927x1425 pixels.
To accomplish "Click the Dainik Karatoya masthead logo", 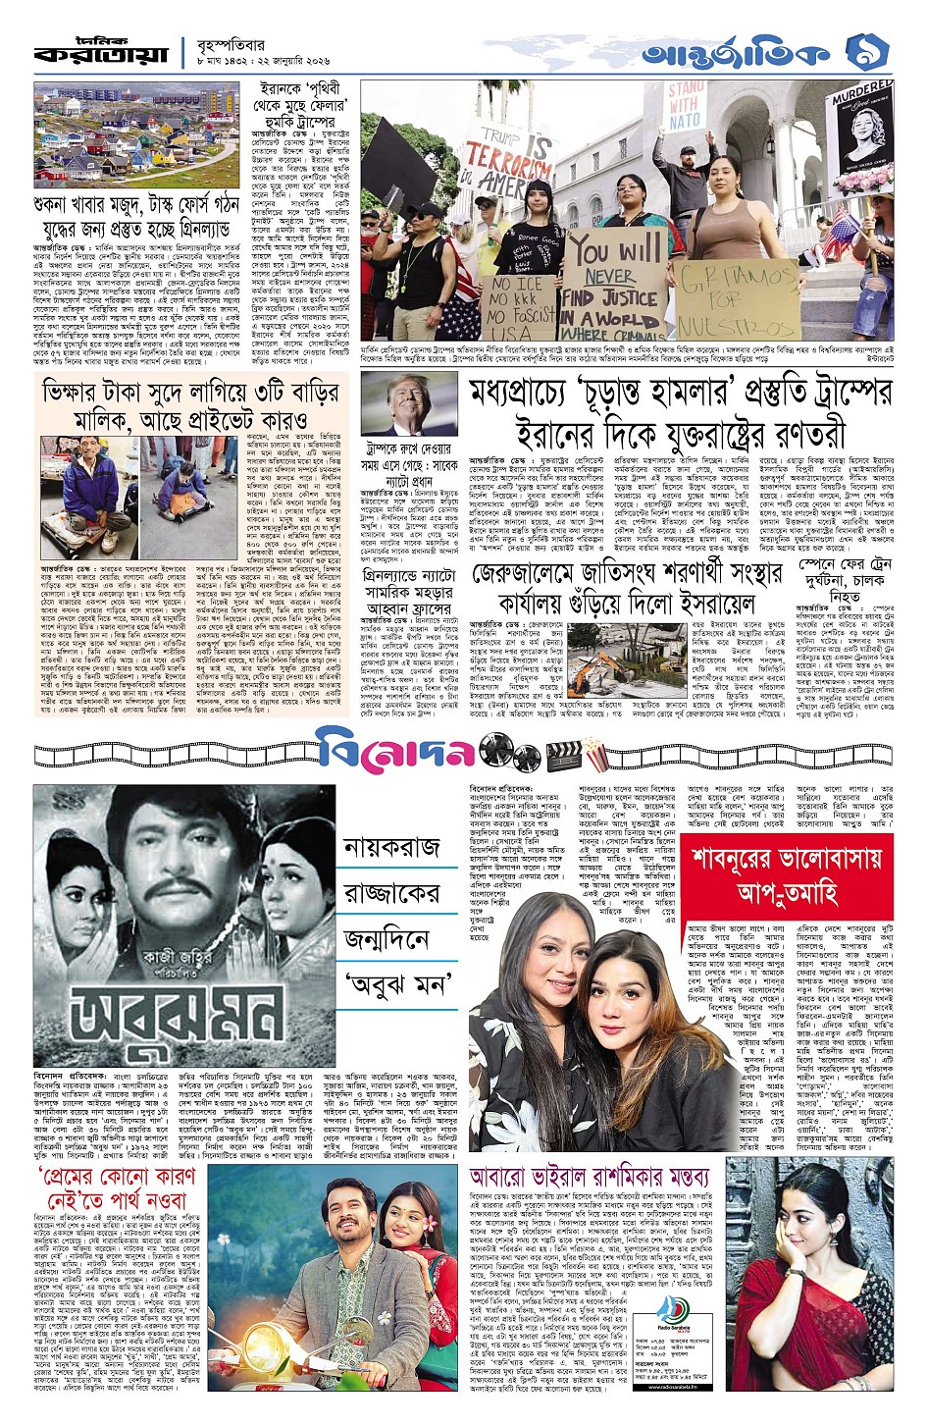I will [x=103, y=52].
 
